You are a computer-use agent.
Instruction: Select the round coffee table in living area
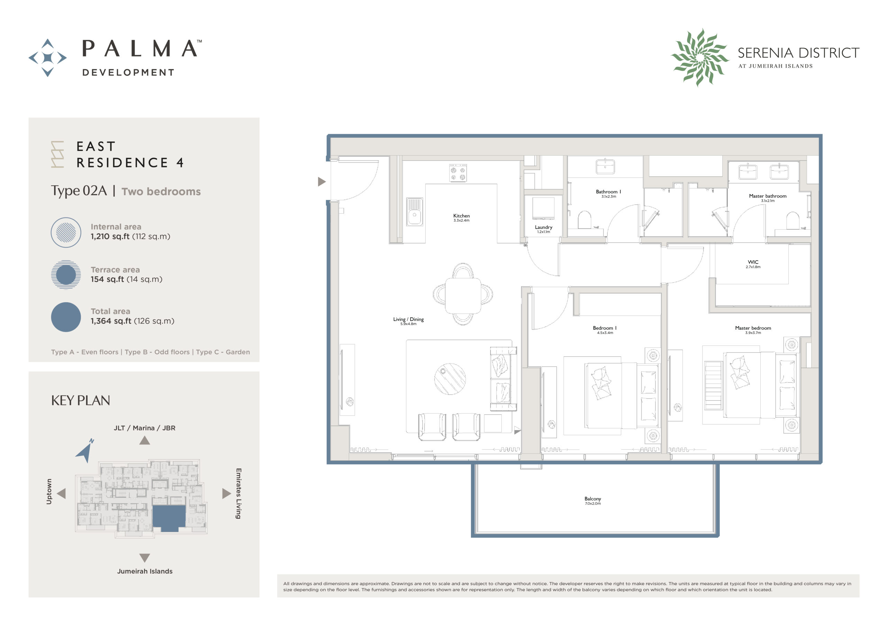(450, 379)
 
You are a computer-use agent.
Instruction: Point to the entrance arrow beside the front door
(322, 181)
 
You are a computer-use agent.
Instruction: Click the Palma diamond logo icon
(47, 58)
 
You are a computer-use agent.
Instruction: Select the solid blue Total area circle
(66, 317)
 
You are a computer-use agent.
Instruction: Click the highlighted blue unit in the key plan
(169, 518)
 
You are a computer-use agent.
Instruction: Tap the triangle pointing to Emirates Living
(226, 493)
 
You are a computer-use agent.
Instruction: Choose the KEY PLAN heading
(80, 401)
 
